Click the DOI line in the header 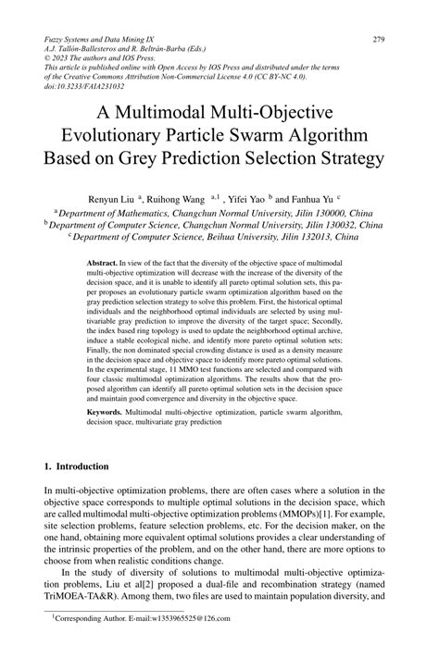pyautogui.click(x=78, y=87)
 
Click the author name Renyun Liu pyautogui.click(x=110, y=198)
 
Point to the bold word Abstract pyautogui.click(x=101, y=264)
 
